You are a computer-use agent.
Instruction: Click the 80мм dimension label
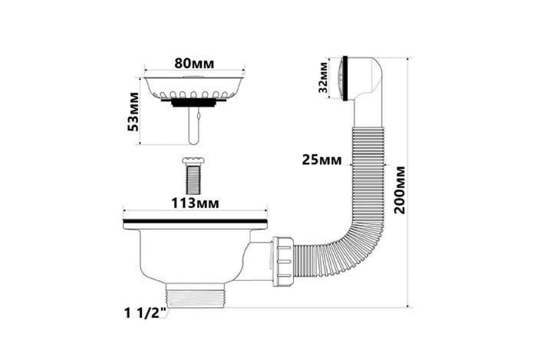[x=194, y=64]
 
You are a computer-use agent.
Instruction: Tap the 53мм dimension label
[x=133, y=111]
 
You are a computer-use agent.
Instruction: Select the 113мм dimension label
[x=195, y=203]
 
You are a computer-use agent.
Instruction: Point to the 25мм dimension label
[x=321, y=160]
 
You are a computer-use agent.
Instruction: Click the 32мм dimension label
[x=323, y=78]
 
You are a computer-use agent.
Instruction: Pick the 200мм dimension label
[x=400, y=190]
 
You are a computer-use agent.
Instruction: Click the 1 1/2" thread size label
[x=146, y=313]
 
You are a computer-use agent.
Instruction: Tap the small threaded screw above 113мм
[x=193, y=177]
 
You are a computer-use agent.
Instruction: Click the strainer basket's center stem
[x=193, y=125]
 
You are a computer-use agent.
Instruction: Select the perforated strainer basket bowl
[x=194, y=88]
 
